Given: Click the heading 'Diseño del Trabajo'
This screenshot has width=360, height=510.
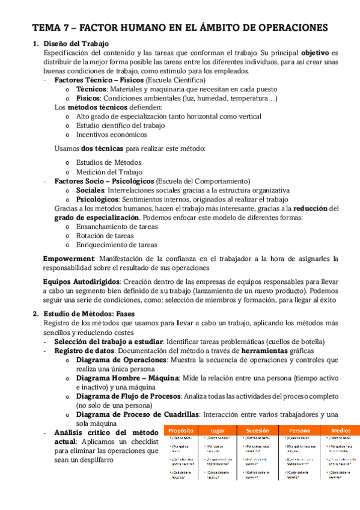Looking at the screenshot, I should pos(75,44).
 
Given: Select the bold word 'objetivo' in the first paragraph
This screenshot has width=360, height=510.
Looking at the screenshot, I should pos(315,53).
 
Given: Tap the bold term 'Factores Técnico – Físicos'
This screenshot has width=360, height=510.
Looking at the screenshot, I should pos(99,80).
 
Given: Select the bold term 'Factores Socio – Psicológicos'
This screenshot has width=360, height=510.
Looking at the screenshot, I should pos(104,180).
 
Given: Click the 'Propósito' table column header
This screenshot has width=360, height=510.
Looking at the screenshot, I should pos(181,431).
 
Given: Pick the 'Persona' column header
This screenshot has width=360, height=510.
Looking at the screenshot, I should pos(299,431).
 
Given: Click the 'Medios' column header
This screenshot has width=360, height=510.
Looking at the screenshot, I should pos(340,431).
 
